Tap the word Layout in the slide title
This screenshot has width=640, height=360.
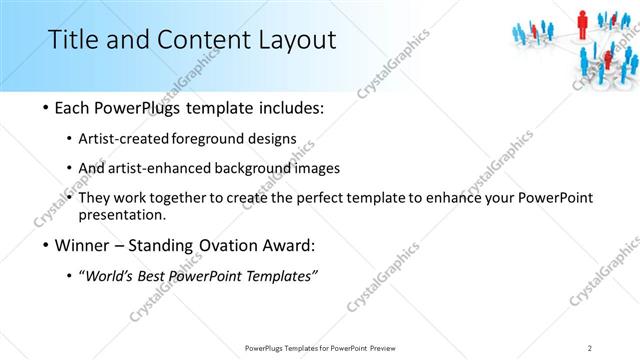coord(294,40)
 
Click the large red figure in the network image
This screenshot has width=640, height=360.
coord(581,19)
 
